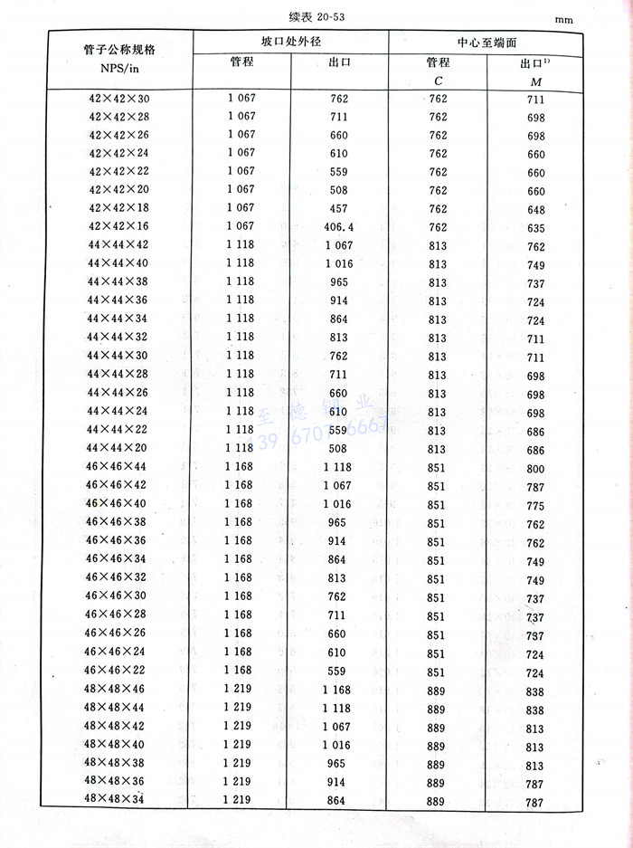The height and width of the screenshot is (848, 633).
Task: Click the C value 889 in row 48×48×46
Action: (x=436, y=689)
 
